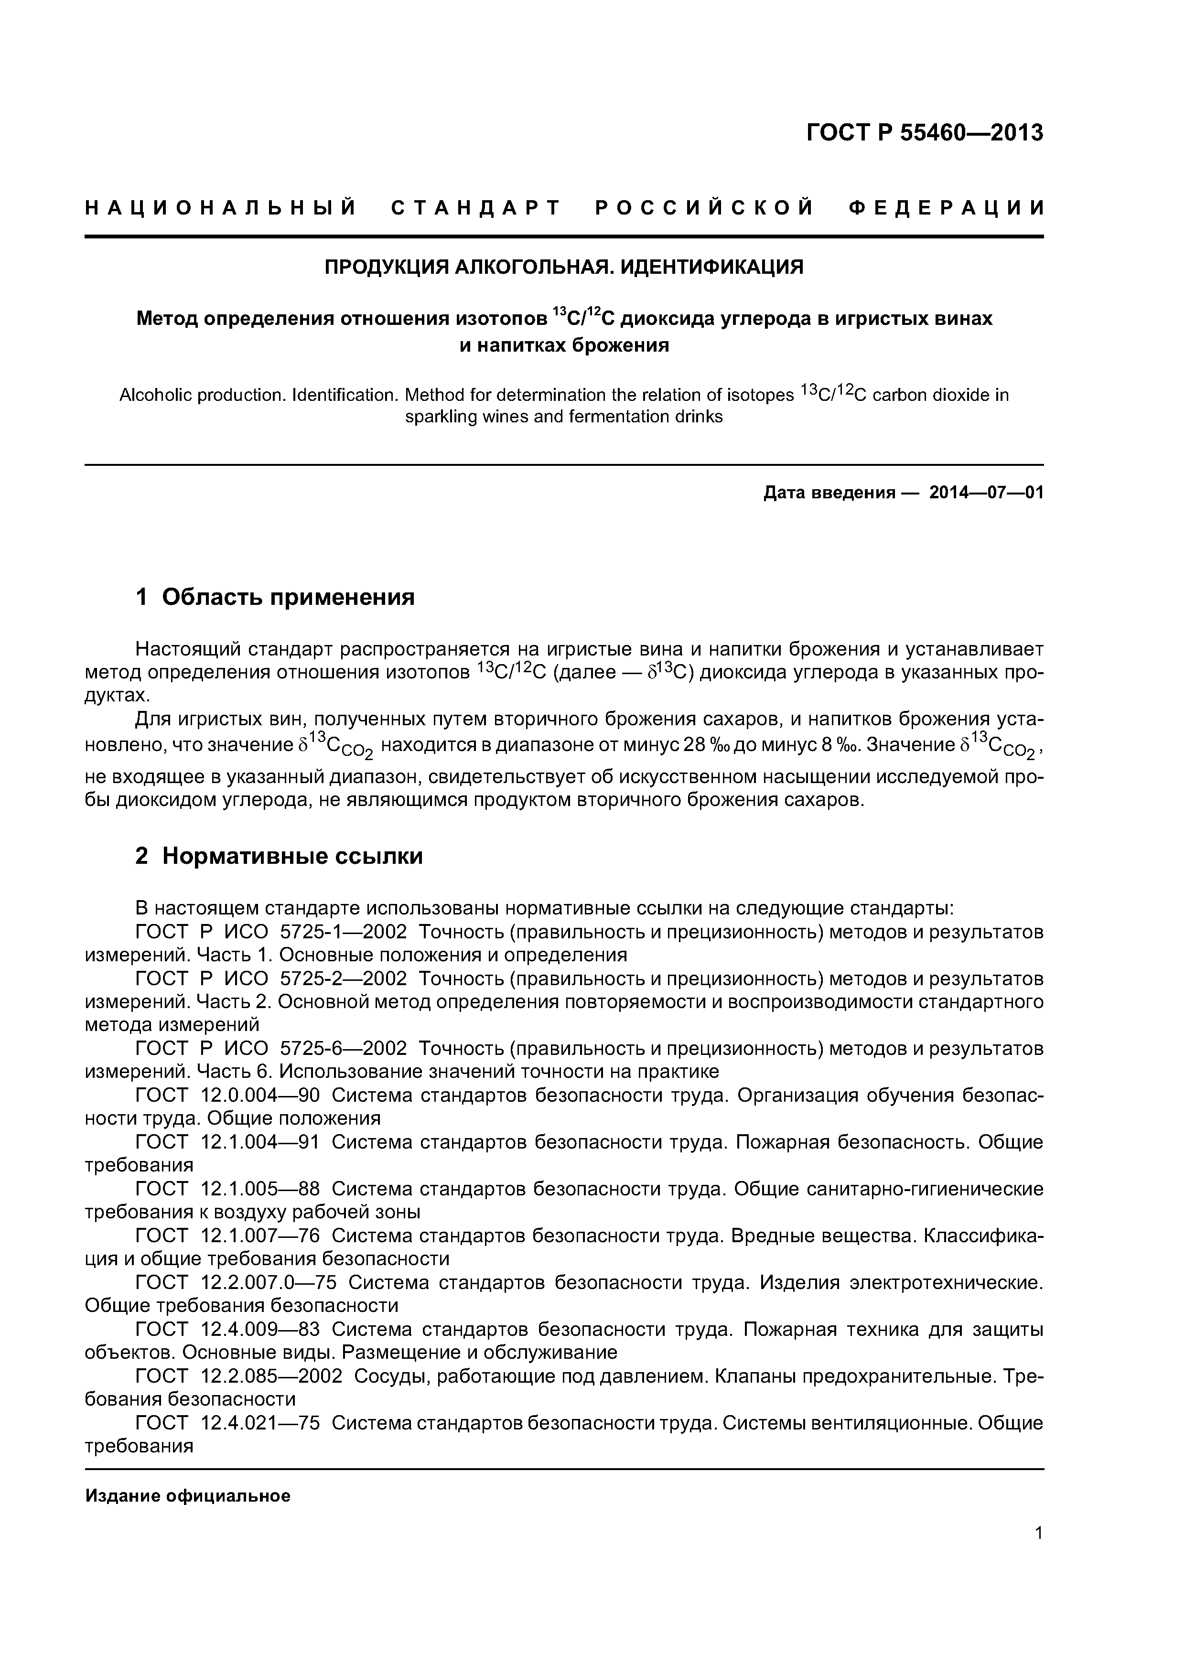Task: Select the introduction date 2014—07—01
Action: (x=986, y=493)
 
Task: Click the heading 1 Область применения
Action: (x=275, y=597)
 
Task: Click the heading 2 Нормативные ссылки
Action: (x=279, y=856)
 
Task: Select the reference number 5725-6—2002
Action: (x=343, y=1049)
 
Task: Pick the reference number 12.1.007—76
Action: (x=260, y=1236)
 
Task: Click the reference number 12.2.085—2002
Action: (x=271, y=1376)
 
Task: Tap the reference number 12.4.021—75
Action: (x=260, y=1423)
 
